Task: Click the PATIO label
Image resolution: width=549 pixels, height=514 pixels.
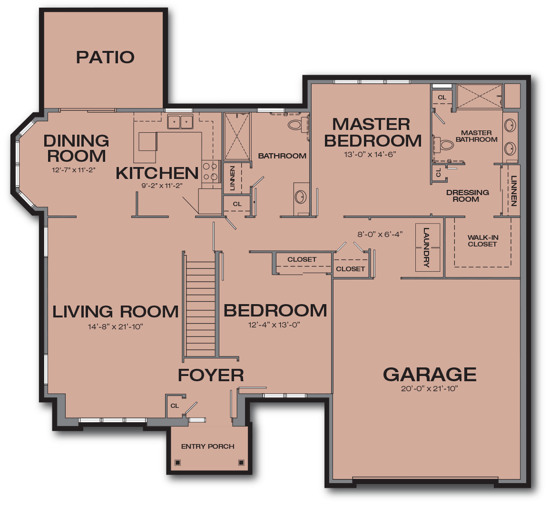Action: click(x=105, y=57)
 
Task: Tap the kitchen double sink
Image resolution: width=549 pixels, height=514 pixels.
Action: click(x=180, y=122)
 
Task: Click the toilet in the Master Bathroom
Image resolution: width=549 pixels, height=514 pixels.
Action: click(x=444, y=144)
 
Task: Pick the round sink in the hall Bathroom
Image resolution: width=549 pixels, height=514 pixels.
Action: click(x=300, y=196)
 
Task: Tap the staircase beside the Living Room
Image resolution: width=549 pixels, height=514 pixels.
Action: click(x=200, y=305)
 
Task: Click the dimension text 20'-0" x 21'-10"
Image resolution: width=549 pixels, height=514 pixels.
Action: click(x=429, y=389)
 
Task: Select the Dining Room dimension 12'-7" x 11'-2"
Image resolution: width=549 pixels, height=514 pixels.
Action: click(x=74, y=169)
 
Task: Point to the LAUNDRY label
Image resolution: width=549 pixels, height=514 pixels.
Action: click(x=426, y=247)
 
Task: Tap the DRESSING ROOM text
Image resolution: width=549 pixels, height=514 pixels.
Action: click(x=467, y=196)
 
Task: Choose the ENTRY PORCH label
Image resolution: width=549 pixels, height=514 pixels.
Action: click(x=207, y=446)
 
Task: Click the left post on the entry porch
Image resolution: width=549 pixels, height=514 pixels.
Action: click(x=178, y=462)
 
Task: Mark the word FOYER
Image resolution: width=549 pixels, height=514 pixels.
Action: click(x=211, y=376)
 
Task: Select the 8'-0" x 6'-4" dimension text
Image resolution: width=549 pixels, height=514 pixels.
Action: click(x=380, y=234)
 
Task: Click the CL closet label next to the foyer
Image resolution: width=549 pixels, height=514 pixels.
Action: click(x=175, y=406)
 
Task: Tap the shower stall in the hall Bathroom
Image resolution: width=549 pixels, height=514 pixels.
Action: click(x=237, y=137)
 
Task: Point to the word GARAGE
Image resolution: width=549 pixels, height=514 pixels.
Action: click(x=429, y=375)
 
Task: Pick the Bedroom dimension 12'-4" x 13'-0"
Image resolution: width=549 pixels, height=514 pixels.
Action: click(x=274, y=325)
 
